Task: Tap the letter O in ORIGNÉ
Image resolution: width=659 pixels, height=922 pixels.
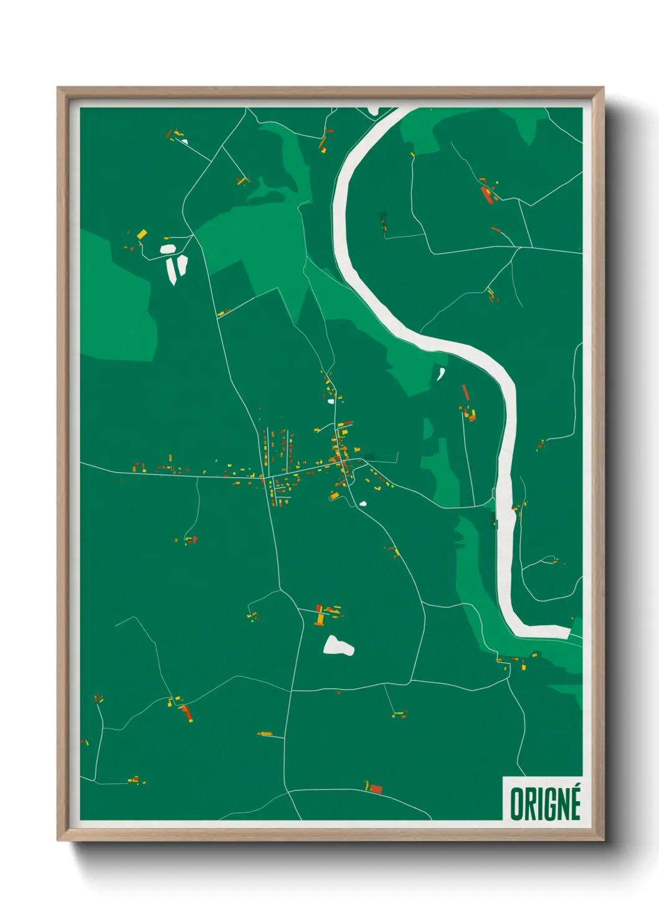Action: coord(517,804)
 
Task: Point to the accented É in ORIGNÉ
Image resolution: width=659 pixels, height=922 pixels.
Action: coord(574,802)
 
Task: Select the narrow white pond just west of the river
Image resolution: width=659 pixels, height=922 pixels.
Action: coord(440,374)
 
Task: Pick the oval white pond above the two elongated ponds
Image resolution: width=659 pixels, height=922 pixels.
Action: coord(168,249)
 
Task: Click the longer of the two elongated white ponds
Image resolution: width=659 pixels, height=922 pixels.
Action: coord(172,270)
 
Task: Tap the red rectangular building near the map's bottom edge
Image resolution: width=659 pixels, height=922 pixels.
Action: coord(376,789)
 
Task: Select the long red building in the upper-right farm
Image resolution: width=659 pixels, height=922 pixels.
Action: coord(486,194)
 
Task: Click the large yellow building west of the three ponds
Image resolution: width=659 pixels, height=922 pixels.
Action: coord(142,234)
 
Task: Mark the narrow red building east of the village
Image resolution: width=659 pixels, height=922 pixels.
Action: coord(465,392)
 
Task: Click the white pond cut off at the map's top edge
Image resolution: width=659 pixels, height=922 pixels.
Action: coord(373,111)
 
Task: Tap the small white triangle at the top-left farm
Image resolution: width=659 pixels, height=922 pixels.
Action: coord(184,141)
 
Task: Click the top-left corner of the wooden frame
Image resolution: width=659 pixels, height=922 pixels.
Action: coord(59,88)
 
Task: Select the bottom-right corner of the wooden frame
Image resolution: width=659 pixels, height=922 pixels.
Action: coord(603,840)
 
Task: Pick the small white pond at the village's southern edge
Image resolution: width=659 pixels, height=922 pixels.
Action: coord(363,503)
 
